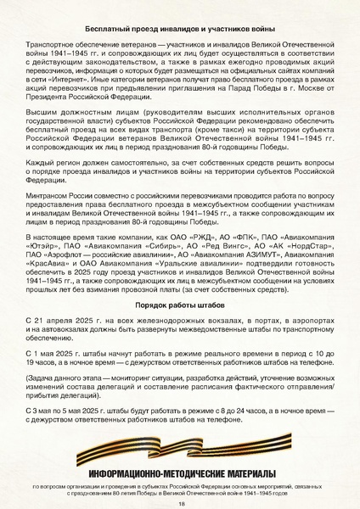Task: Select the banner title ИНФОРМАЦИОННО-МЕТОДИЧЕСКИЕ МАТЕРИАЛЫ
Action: pyautogui.click(x=181, y=472)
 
